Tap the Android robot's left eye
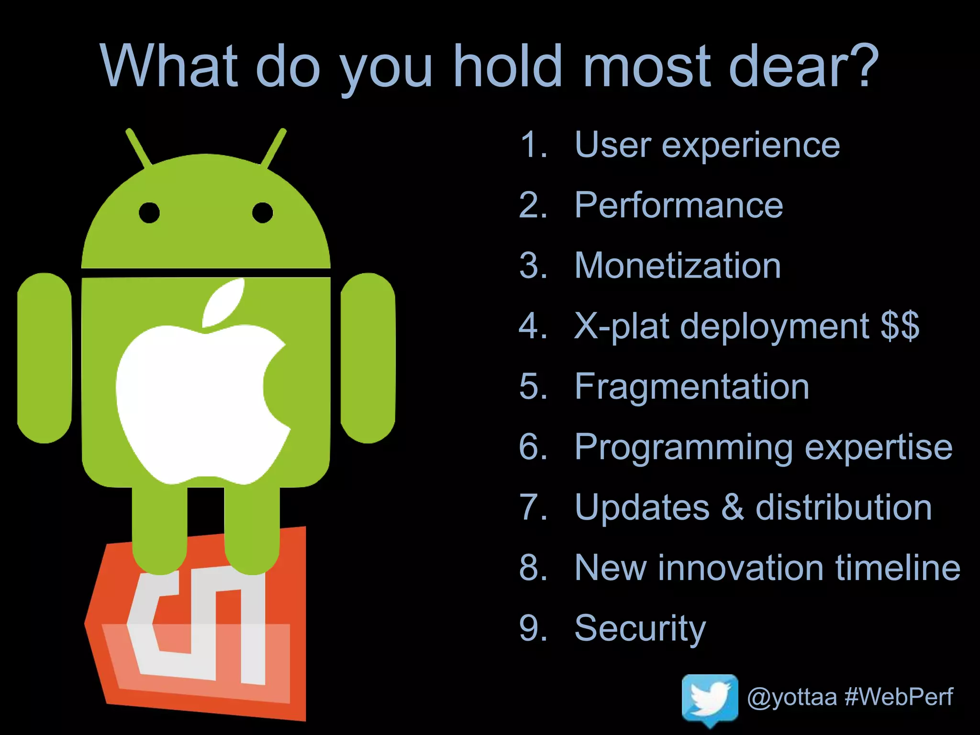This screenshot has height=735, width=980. [149, 212]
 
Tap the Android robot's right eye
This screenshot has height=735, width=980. [262, 212]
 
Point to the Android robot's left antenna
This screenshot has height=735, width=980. [138, 147]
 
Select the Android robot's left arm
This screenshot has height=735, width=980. [45, 358]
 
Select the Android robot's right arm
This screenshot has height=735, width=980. [367, 358]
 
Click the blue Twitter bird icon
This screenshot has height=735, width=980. [710, 696]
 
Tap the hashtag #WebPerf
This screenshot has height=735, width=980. [899, 696]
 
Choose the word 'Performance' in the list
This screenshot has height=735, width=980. [679, 205]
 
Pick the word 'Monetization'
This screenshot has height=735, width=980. [678, 266]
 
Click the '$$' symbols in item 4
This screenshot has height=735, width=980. [900, 326]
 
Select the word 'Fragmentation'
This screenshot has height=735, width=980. [691, 386]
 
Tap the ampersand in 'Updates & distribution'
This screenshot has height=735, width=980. [732, 507]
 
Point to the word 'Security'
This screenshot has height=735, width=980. [640, 628]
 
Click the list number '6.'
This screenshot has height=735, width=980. [533, 447]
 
